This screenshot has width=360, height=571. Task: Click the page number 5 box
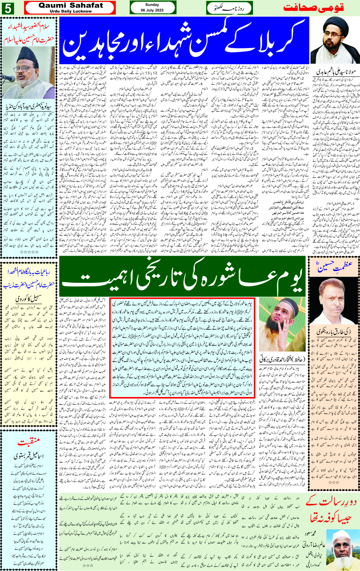pos(8,8)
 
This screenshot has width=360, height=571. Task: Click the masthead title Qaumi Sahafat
pos(70,5)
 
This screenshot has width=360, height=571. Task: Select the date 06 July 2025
pos(152,10)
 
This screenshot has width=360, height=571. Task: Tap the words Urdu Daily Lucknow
pos(70,11)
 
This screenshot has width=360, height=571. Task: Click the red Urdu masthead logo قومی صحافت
pos(320,8)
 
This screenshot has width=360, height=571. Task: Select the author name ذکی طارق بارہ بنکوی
pos(334,332)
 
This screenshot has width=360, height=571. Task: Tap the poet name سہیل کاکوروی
pos(28,299)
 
